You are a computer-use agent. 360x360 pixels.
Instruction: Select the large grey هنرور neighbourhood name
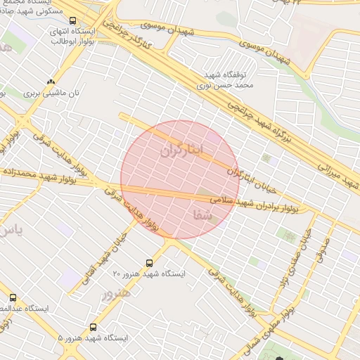pos(116,293)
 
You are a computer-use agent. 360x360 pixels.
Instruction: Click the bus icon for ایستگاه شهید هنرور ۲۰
pos(148,263)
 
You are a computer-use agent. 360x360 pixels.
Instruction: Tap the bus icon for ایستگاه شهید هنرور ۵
pos(94,328)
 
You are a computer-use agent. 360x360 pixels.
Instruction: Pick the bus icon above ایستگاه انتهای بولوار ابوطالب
pos(55,21)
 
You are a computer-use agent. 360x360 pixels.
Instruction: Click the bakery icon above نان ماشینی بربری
pos(50,81)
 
